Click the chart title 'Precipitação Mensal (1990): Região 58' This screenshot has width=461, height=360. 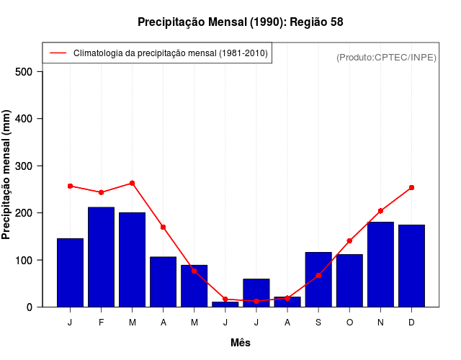pyautogui.click(x=241, y=22)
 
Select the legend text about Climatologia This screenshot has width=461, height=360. pyautogui.click(x=170, y=53)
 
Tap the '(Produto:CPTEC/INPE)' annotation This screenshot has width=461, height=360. pyautogui.click(x=386, y=58)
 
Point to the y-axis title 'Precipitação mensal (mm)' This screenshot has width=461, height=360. pyautogui.click(x=7, y=175)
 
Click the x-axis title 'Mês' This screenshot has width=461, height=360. pyautogui.click(x=241, y=343)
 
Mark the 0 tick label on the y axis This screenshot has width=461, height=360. pyautogui.click(x=30, y=307)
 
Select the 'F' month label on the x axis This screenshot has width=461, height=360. pyautogui.click(x=101, y=323)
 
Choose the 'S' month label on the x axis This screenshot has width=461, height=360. pyautogui.click(x=318, y=323)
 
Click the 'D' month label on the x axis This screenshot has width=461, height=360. pyautogui.click(x=411, y=323)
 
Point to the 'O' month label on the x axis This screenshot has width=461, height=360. pyautogui.click(x=349, y=323)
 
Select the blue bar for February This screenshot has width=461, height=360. pyautogui.click(x=101, y=257)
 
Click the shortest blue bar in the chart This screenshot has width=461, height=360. pyautogui.click(x=225, y=304)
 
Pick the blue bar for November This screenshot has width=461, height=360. pyautogui.click(x=380, y=264)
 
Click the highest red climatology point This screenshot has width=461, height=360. pyautogui.click(x=132, y=184)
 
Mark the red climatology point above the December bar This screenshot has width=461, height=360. pyautogui.click(x=411, y=187)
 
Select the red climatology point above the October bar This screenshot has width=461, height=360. pyautogui.click(x=349, y=240)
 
